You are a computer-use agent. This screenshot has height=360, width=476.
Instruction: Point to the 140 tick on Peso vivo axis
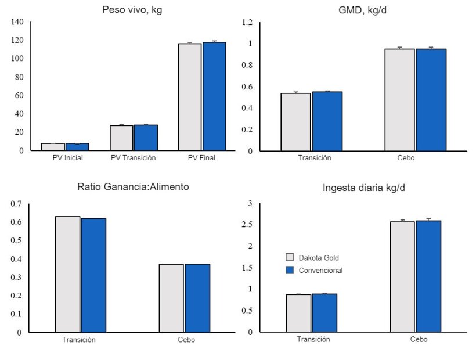tap(17, 22)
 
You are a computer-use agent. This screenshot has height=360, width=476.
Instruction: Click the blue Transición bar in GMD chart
tap(327, 121)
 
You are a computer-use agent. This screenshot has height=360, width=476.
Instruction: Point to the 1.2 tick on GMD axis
tap(247, 22)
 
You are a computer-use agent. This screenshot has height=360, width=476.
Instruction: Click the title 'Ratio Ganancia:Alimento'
tap(133, 187)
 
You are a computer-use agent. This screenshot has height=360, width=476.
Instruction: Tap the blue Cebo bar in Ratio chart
tap(197, 298)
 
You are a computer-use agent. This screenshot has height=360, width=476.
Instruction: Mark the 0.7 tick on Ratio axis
tap(16, 204)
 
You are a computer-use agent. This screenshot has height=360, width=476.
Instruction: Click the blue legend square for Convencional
tap(290, 270)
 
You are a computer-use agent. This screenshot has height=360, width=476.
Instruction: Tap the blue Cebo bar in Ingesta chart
tap(428, 276)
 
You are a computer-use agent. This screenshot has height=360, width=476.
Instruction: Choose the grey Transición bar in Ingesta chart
tap(298, 313)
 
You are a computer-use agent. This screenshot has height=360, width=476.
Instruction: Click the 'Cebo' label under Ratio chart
tap(186, 340)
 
